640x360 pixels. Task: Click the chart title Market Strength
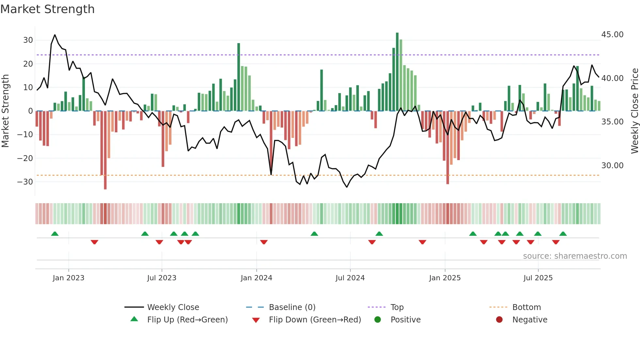coord(47,9)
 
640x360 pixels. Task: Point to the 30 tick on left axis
coord(28,40)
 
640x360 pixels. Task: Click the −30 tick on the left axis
coord(25,182)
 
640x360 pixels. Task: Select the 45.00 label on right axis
coord(612,35)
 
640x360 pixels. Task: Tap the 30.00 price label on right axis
coord(612,166)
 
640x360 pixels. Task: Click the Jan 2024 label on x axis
coord(256,278)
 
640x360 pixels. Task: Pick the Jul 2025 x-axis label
coord(538,278)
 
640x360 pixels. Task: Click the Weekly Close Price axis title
coord(634,111)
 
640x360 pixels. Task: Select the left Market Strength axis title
coord(6,111)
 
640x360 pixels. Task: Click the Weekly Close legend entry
coord(173,307)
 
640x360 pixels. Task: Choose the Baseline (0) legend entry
coord(292,307)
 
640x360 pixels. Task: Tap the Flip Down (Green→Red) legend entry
coord(315,320)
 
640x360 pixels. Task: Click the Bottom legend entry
coord(526,307)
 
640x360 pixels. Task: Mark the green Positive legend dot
coord(377,320)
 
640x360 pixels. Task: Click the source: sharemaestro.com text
coord(575,256)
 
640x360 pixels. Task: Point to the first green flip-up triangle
coord(55,234)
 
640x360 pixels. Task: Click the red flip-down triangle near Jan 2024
coord(264,242)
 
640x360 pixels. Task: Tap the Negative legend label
coord(530,320)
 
